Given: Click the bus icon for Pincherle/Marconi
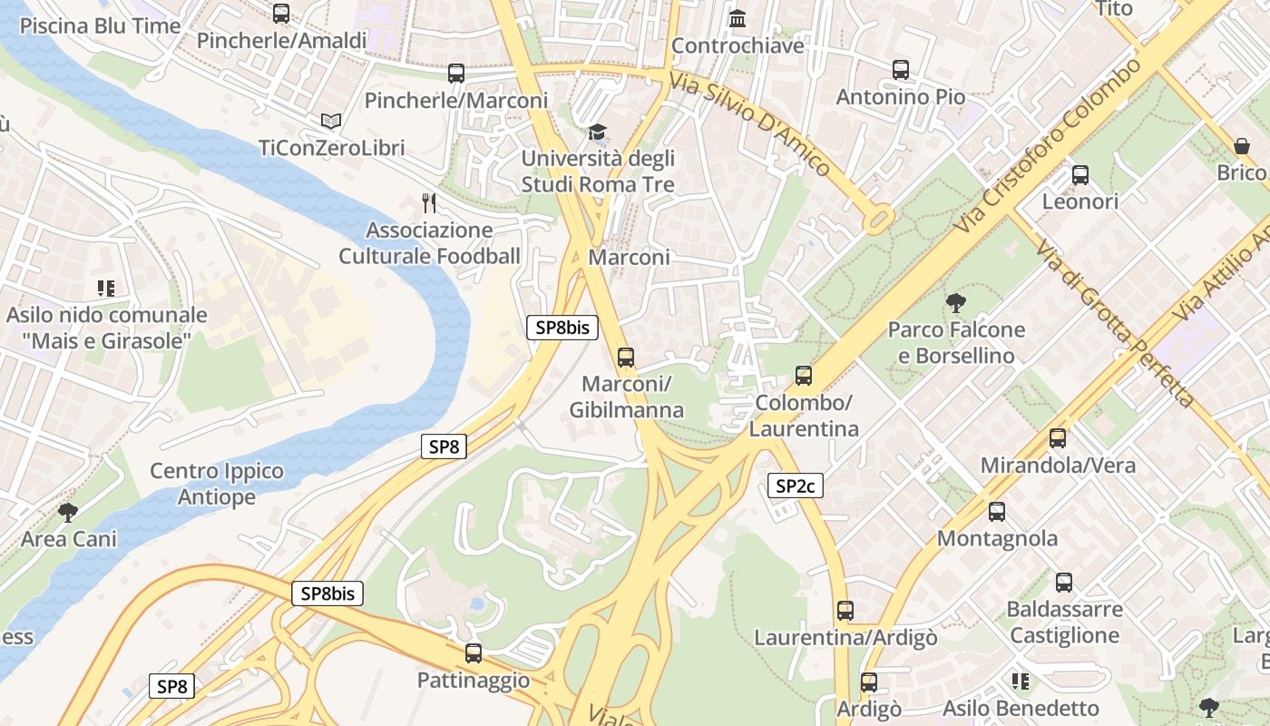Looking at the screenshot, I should [456, 74].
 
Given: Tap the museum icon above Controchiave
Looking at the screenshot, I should [738, 18].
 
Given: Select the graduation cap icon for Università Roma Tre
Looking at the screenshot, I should [597, 132].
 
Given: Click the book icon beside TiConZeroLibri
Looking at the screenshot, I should [331, 121].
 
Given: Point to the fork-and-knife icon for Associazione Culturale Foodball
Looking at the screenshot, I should [429, 203].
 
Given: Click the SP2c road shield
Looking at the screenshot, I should [795, 486].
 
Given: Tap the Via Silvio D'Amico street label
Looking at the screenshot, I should [749, 123].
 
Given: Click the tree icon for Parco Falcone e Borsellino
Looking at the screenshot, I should [955, 303].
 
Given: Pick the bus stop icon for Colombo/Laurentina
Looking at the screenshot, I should [803, 376].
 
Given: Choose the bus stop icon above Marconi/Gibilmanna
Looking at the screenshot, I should [625, 358].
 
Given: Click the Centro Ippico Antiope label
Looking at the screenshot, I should [217, 484].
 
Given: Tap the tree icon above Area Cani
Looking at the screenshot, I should [68, 513].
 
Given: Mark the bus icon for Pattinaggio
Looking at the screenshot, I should [473, 652].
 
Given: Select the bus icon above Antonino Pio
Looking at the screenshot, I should [900, 70].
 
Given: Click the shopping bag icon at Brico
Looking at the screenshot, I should [1241, 146].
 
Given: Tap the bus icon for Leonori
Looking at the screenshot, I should [1079, 175].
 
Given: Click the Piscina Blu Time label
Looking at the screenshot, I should [100, 25].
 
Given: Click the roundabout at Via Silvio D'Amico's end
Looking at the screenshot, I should [878, 219].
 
